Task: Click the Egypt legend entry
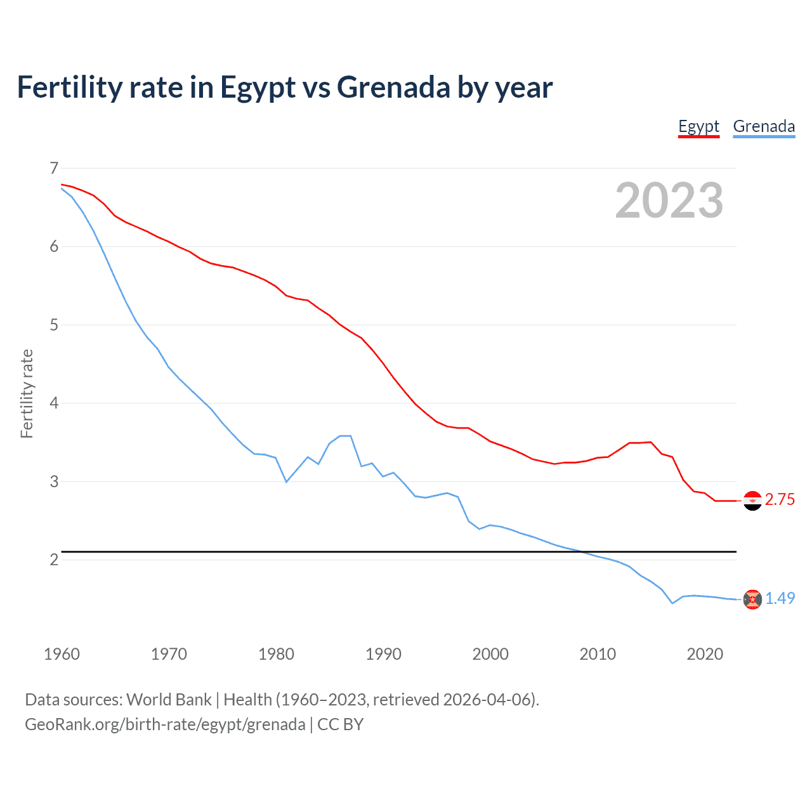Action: [x=698, y=126]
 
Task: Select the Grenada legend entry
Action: [x=764, y=126]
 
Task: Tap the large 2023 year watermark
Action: [x=669, y=200]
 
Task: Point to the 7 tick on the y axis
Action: [x=54, y=168]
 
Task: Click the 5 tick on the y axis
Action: [x=54, y=325]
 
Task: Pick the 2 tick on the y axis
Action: [x=54, y=560]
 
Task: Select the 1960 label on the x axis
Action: [x=62, y=654]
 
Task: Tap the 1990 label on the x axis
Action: [x=383, y=654]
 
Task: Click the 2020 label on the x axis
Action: [x=705, y=654]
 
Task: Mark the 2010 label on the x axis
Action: [x=598, y=654]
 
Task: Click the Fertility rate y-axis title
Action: [x=27, y=393]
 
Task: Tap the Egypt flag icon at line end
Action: [x=752, y=501]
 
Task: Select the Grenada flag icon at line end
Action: [x=752, y=599]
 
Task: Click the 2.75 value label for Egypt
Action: [x=780, y=500]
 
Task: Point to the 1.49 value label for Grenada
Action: [x=780, y=598]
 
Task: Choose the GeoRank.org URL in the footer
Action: [x=165, y=724]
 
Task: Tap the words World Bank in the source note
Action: [x=169, y=700]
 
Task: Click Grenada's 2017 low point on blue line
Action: [x=672, y=603]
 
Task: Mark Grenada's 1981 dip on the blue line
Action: [x=287, y=482]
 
